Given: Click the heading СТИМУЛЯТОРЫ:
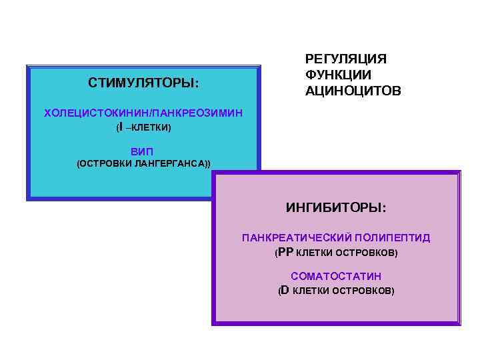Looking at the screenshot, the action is [143, 83].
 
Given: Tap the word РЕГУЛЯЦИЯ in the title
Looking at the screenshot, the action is [345, 59].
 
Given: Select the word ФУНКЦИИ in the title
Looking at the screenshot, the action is [338, 75].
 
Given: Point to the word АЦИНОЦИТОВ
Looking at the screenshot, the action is [353, 90].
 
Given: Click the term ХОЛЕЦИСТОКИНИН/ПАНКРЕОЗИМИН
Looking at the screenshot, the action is [143, 113].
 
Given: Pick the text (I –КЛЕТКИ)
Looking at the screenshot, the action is [143, 127].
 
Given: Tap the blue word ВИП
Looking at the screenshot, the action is [142, 151].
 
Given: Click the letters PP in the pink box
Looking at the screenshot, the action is [285, 253].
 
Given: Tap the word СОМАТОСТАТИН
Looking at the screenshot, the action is [336, 276].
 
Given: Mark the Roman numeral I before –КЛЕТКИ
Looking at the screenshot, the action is [120, 126].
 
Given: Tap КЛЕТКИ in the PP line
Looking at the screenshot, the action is [313, 253].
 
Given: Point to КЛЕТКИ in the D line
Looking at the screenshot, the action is [310, 291].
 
